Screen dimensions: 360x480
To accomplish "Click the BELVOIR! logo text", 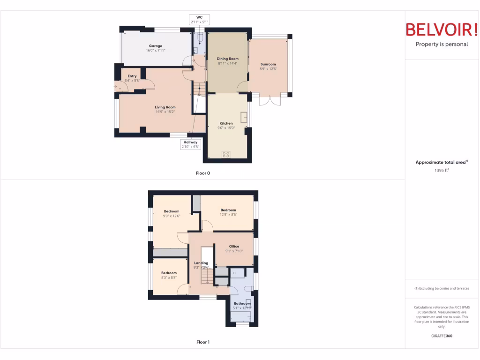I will click(x=441, y=29).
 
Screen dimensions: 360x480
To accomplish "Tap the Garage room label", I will click(x=156, y=46).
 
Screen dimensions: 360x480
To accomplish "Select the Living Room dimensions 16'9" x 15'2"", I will click(x=165, y=112).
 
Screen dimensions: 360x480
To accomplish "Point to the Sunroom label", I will click(x=268, y=64).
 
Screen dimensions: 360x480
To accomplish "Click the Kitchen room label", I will click(x=226, y=123).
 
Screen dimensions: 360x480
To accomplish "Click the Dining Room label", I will click(x=228, y=59).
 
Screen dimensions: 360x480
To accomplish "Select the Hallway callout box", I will click(x=191, y=144).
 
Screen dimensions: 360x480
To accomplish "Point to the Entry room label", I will click(x=132, y=76).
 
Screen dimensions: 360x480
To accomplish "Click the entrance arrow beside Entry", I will click(x=115, y=86).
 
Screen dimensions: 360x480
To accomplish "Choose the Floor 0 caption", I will click(x=203, y=173).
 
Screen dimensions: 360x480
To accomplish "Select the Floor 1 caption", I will click(x=203, y=342).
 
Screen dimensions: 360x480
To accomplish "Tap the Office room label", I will click(x=234, y=246).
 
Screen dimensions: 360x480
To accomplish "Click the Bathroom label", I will click(x=242, y=303).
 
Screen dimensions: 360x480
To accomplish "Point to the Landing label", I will click(x=201, y=263).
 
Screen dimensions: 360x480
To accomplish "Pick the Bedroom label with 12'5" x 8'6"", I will click(x=228, y=210).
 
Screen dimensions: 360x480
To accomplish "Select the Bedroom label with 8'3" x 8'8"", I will click(x=169, y=273).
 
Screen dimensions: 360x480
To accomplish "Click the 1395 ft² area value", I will click(x=442, y=171).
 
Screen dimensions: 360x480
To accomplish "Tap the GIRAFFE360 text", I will click(x=442, y=336).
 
